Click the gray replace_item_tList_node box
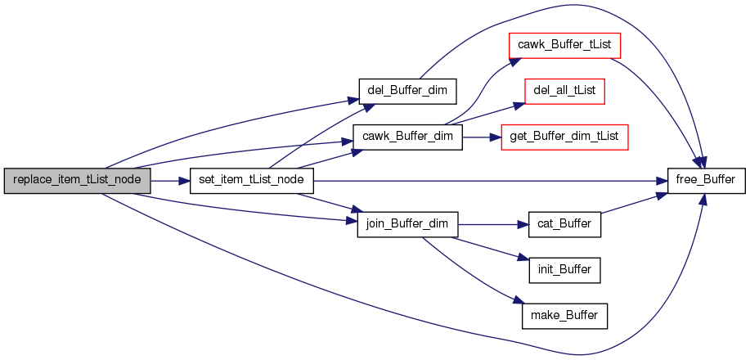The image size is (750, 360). [x=77, y=180]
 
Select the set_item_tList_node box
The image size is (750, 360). [x=252, y=180]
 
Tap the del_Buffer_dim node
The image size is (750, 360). [x=406, y=88]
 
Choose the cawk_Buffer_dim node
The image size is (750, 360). [x=407, y=135]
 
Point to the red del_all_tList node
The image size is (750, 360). [x=564, y=89]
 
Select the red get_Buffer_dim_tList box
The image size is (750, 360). [x=564, y=135]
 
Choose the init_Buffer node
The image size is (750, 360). [x=564, y=268]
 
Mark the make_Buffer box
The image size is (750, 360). [x=564, y=314]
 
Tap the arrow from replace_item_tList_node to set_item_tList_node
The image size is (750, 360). [x=170, y=180]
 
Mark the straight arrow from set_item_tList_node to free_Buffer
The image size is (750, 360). [x=491, y=180]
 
